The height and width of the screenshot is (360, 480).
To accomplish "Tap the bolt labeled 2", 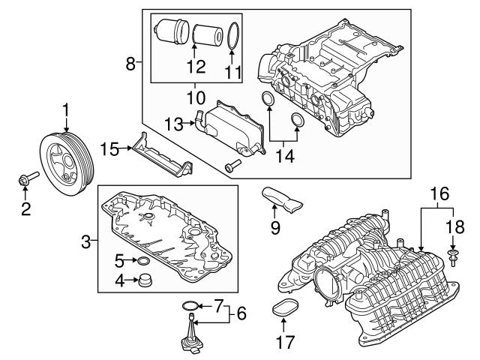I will click(27, 179).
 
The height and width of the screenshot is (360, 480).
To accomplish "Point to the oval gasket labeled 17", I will click(283, 308).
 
